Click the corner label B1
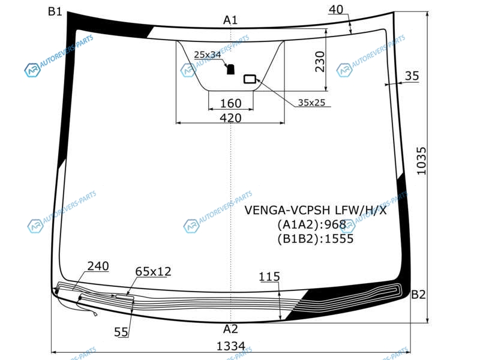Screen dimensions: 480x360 click(55, 11)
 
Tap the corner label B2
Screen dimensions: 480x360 click(418, 295)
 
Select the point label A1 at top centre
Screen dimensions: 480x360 click(230, 20)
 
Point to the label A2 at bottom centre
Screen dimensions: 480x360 click(230, 329)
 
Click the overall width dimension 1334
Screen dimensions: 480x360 click(231, 346)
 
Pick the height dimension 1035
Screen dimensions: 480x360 click(422, 161)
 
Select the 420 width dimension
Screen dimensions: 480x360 click(230, 118)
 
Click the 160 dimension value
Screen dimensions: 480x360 click(231, 103)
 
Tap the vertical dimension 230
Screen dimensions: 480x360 click(320, 62)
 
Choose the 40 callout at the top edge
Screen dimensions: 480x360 click(336, 10)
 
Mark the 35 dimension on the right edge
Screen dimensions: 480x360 click(412, 76)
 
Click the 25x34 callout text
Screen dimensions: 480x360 click(207, 55)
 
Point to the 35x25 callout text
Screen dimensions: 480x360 click(311, 103)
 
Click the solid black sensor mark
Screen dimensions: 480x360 click(230, 70)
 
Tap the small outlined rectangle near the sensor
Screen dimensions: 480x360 click(250, 79)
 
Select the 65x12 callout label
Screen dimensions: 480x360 click(153, 272)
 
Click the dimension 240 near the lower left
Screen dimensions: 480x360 click(98, 266)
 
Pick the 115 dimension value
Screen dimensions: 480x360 click(269, 277)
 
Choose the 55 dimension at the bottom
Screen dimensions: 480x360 click(121, 332)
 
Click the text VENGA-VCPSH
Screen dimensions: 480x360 click(287, 211)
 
